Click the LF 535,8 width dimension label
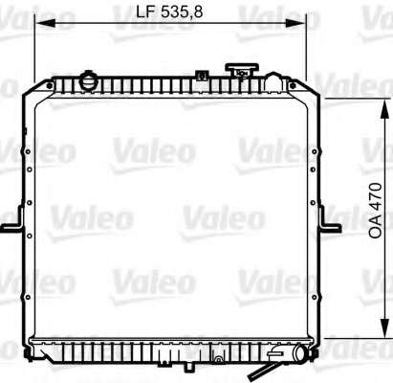tap(169, 11)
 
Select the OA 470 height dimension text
tap(375, 210)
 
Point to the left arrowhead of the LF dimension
tap(45, 23)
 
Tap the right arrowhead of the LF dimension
tap(295, 23)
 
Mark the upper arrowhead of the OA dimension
tap(385, 109)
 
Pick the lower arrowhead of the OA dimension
tap(385, 327)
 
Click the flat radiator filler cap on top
tap(242, 71)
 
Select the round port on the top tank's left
tap(87, 82)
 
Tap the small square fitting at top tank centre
tap(201, 76)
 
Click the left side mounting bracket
tap(13, 219)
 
